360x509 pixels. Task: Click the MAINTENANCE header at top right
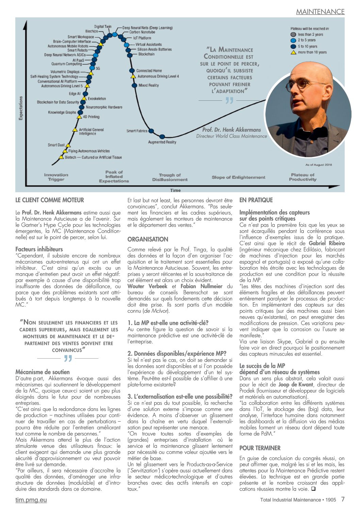click(x=320, y=12)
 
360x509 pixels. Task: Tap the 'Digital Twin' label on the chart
click(x=103, y=27)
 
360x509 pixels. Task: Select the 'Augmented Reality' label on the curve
click(x=162, y=142)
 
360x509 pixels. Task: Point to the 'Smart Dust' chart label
click(x=56, y=145)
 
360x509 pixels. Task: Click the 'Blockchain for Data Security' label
click(x=58, y=102)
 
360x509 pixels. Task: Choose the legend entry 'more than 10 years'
click(x=312, y=52)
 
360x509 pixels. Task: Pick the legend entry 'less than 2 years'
click(x=310, y=34)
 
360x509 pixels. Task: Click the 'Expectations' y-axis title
click(x=21, y=108)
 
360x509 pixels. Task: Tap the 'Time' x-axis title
click(x=176, y=190)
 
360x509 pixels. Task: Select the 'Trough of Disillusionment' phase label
click(x=170, y=177)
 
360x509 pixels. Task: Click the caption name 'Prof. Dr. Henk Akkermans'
click(x=231, y=130)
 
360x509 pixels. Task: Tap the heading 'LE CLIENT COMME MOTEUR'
click(x=50, y=200)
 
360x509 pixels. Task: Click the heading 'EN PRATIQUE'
click(x=256, y=200)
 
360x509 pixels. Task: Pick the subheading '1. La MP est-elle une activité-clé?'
click(x=168, y=323)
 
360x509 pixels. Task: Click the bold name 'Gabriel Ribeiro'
click(x=326, y=243)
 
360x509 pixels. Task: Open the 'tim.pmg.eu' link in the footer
click(x=31, y=500)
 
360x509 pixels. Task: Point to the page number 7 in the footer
click(x=343, y=499)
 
